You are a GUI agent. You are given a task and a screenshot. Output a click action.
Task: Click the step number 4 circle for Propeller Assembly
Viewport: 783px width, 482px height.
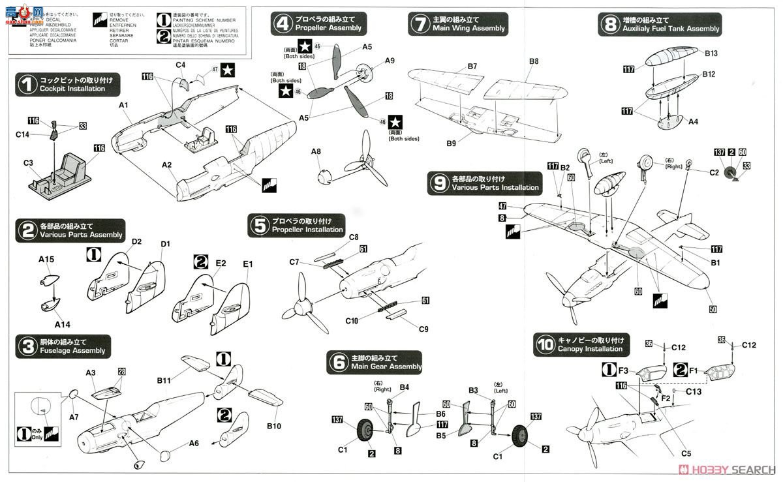coord(282,23)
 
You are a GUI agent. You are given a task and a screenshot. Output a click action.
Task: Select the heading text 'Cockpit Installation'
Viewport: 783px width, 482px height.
coord(72,89)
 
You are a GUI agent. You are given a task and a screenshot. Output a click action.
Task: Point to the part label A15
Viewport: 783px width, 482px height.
coord(46,259)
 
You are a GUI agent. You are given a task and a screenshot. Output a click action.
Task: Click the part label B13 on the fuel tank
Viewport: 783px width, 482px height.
coord(711,53)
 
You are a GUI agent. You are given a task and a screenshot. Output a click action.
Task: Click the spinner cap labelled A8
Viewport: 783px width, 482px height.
coord(316,151)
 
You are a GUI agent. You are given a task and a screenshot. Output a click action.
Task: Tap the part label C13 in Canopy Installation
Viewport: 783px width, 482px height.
coord(694,391)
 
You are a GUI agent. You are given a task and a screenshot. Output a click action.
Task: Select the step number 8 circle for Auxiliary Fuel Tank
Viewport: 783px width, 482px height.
coord(609,24)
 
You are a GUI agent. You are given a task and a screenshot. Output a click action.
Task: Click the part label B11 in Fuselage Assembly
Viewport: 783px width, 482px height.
coord(163,380)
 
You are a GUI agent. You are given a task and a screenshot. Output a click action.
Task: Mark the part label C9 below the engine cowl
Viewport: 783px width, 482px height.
coord(424,329)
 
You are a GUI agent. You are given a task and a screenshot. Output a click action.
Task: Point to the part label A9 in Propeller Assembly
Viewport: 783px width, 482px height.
coord(390,60)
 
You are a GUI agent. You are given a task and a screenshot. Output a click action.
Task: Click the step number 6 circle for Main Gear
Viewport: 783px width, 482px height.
coord(339,362)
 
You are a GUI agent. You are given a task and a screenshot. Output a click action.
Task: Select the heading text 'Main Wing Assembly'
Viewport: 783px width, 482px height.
coord(468,29)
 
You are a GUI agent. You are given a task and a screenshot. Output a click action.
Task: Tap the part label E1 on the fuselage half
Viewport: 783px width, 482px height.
coord(248,264)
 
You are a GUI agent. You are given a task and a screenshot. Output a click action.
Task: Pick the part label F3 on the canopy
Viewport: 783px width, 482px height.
coord(623,370)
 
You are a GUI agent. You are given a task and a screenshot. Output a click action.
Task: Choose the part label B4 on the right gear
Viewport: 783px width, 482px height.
coord(404,387)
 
